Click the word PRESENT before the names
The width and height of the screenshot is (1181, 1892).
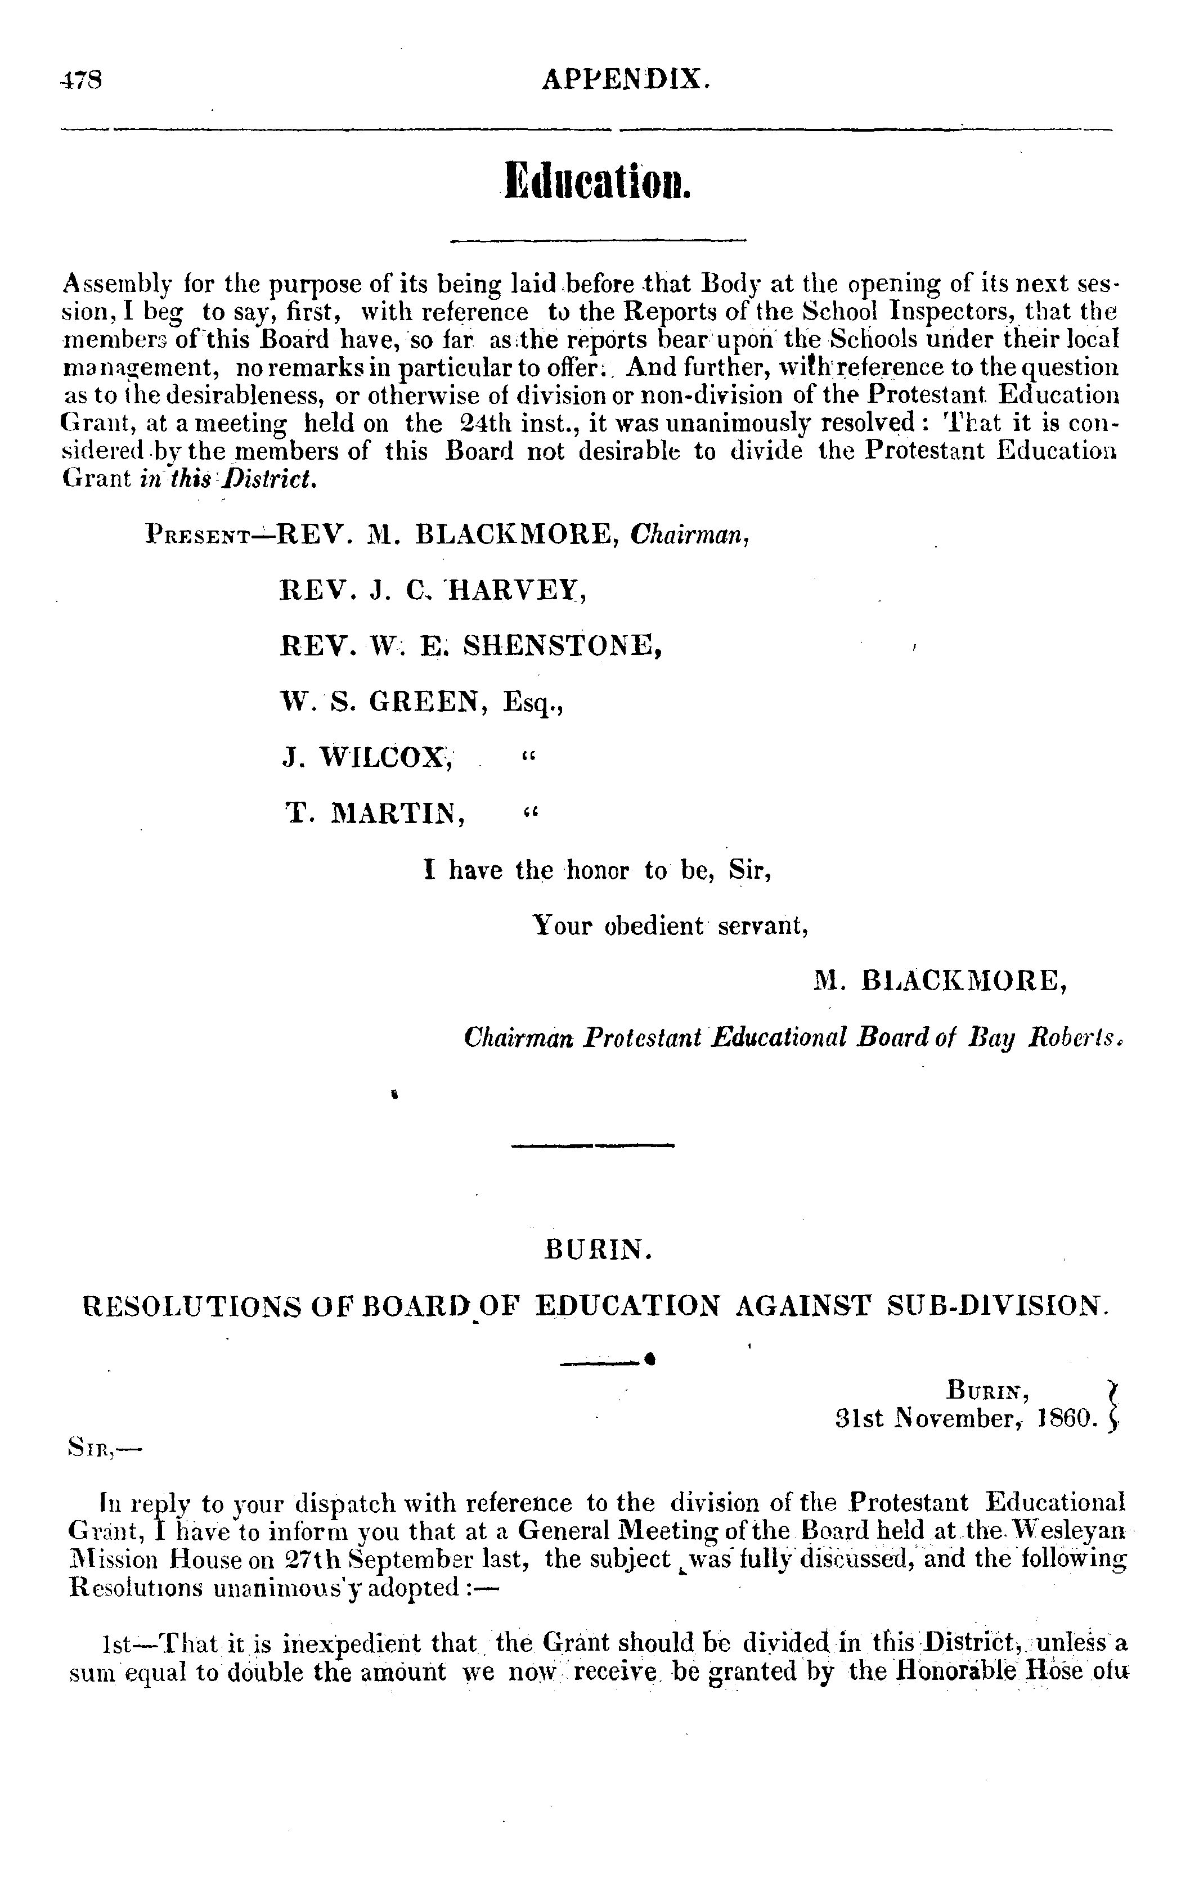coord(197,537)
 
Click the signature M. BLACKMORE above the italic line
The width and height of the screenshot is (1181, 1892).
coord(940,980)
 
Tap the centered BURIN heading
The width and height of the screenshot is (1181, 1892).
coord(598,1252)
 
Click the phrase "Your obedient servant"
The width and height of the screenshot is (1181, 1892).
coord(670,926)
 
